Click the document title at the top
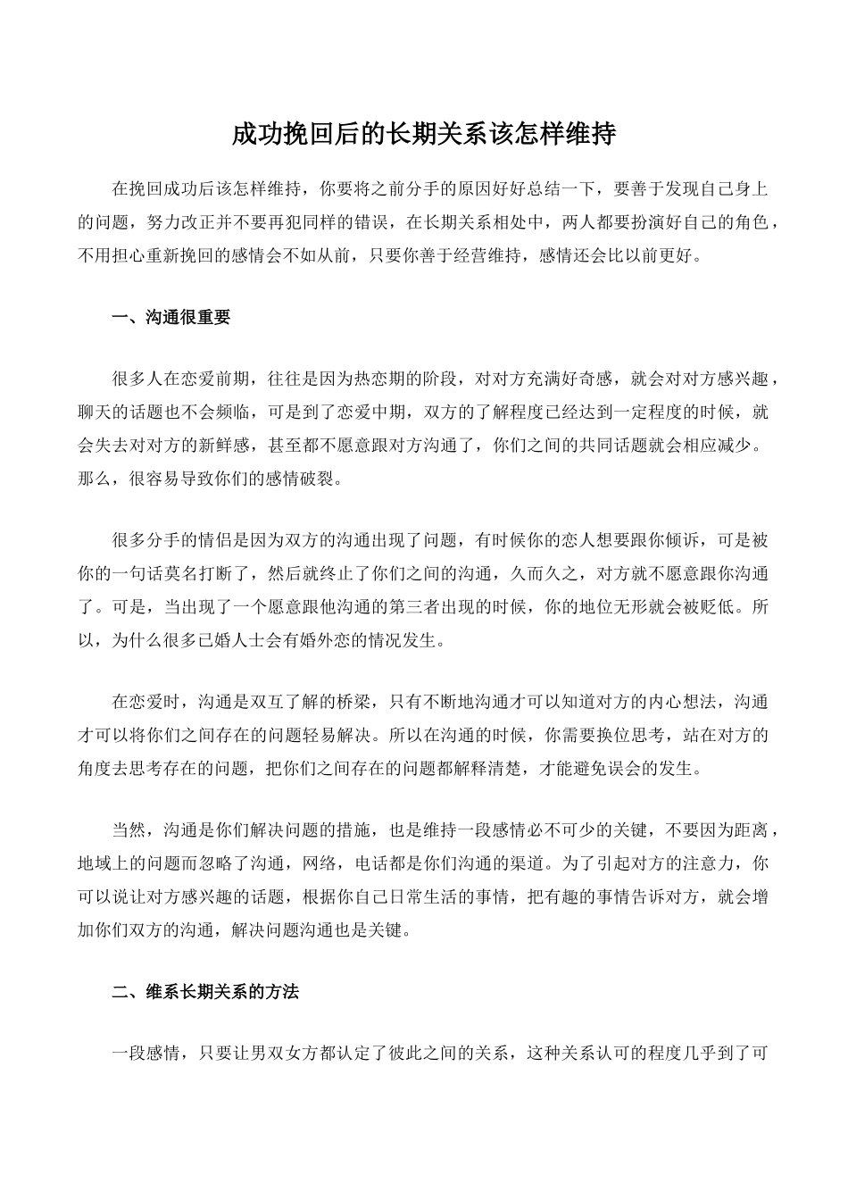pos(424,135)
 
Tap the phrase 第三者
pos(415,608)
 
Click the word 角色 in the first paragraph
pos(750,222)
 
